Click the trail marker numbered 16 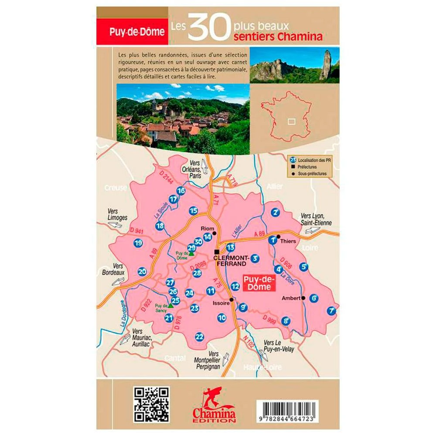(x=181, y=191)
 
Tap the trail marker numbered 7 (x=332, y=311)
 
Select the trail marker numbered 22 (x=200, y=336)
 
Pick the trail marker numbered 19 (x=139, y=243)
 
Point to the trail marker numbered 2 (x=275, y=213)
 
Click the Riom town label (x=207, y=228)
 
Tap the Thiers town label (x=289, y=241)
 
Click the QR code (x=151, y=404)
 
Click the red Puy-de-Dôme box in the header (x=132, y=32)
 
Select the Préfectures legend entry (x=308, y=167)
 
